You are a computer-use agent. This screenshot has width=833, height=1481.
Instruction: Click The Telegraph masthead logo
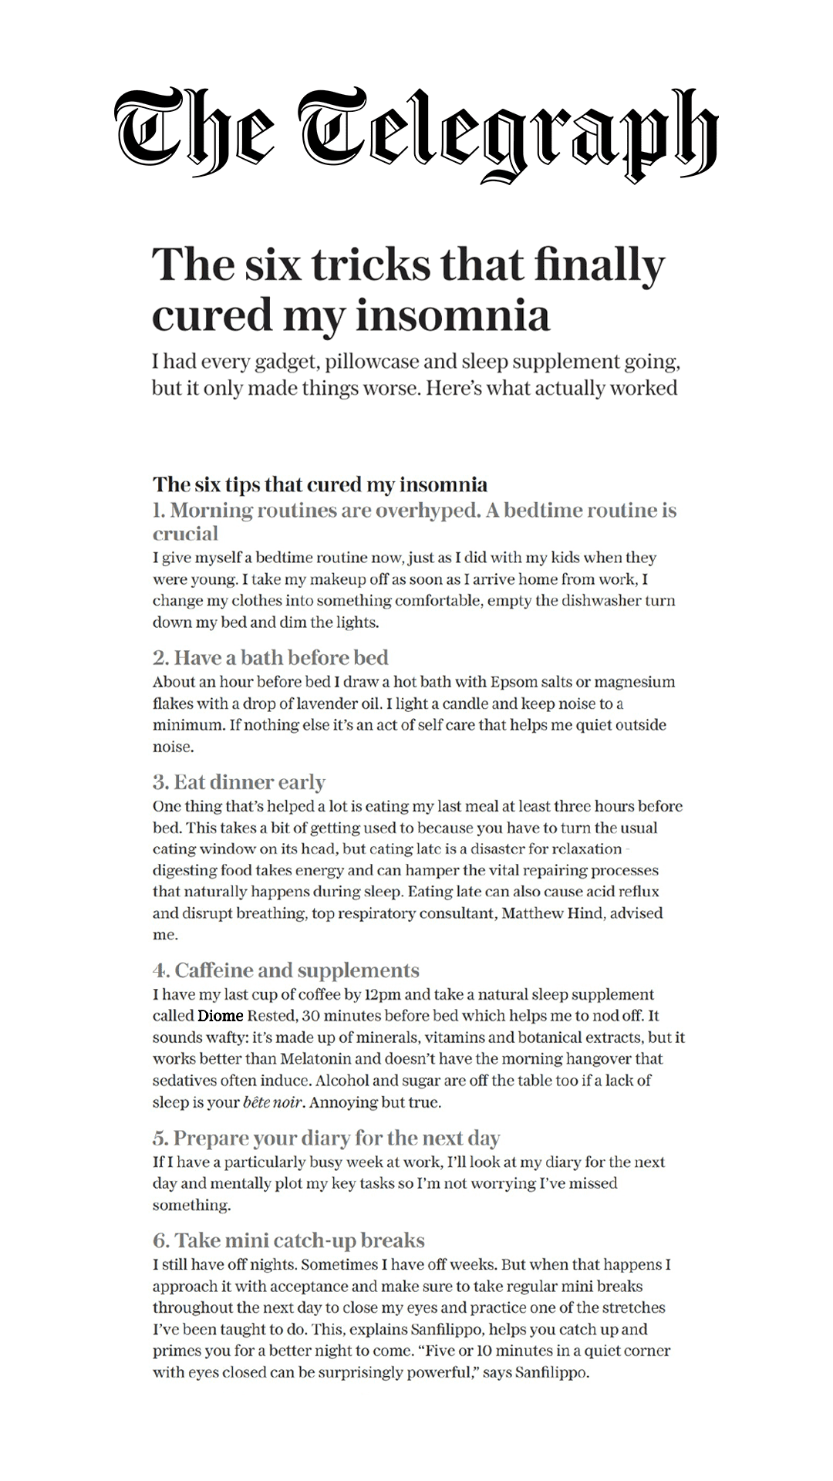pos(416,135)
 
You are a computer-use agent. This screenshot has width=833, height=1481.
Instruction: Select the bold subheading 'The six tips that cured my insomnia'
pos(320,484)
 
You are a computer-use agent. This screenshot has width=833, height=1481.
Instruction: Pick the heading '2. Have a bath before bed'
pos(270,657)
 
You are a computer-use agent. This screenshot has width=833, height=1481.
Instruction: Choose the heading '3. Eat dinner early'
pos(239,782)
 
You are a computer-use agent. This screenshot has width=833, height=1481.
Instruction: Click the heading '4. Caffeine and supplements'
pos(286,970)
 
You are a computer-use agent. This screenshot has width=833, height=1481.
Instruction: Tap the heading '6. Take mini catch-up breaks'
pos(288,1240)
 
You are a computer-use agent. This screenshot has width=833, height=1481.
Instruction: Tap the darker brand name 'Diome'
pos(220,1016)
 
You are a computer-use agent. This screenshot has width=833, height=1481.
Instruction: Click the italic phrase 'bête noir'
pos(271,1102)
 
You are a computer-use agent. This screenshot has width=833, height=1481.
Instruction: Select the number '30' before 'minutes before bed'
pos(311,1016)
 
